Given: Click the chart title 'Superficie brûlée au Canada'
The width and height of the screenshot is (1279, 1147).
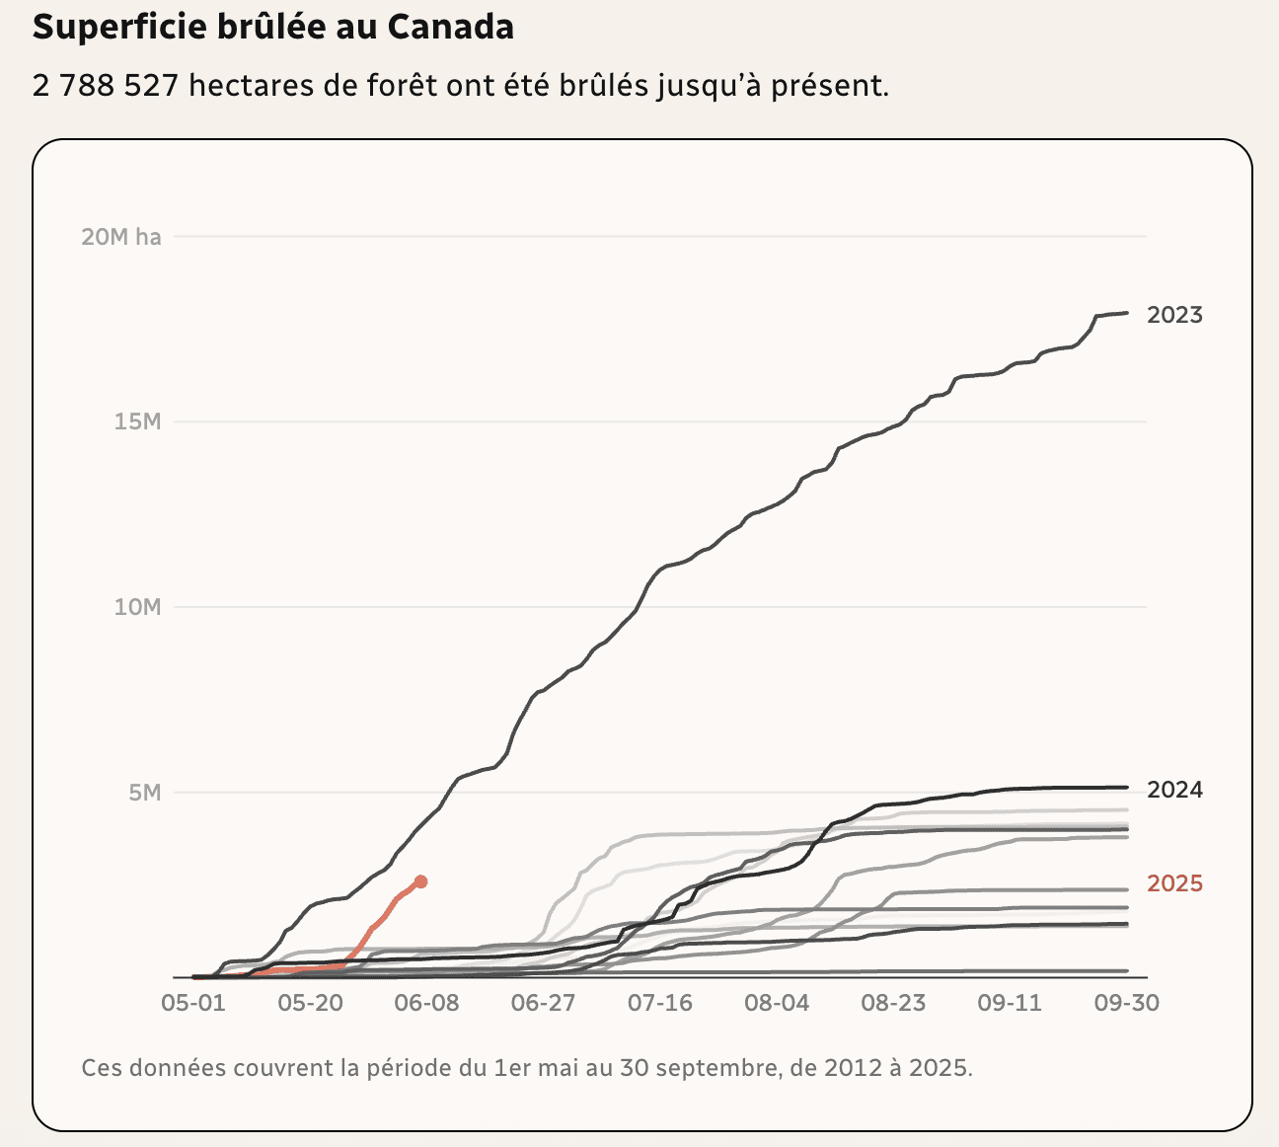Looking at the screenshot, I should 272,27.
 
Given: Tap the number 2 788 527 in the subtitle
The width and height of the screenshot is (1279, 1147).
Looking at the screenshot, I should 105,86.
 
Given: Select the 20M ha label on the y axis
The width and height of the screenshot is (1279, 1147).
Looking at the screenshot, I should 120,237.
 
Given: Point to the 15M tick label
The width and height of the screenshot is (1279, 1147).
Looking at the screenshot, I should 136,421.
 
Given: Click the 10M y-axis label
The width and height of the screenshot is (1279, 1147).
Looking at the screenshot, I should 136,607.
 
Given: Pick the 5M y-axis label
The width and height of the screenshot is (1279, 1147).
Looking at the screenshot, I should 144,793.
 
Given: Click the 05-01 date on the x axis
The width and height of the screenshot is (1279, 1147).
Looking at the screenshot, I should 192,1003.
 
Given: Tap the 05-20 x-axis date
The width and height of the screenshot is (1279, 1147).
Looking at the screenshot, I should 309,1003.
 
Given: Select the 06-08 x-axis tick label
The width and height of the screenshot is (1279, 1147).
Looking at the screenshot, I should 425,1003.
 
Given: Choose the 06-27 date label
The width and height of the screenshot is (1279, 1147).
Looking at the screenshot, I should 543,1003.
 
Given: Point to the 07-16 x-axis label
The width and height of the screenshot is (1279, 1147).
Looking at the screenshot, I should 659,1003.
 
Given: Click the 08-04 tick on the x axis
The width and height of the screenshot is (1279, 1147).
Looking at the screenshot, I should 777,1003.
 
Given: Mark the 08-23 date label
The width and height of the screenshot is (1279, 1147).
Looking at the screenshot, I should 893,1003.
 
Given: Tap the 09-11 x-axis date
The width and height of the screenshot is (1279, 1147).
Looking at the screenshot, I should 1010,1003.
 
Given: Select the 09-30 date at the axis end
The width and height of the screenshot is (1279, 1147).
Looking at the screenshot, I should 1126,1003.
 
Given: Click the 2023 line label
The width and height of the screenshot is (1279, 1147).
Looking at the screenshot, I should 1174,316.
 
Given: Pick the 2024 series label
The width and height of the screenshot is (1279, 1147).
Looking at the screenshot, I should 1174,790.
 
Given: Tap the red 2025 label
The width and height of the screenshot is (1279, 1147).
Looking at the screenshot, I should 1174,883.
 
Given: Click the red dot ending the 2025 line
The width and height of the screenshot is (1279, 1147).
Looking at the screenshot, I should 421,881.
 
